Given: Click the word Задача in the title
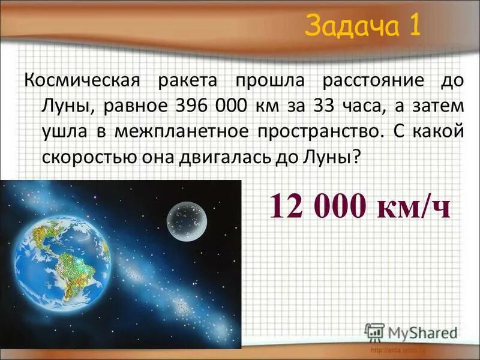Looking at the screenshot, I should tap(348, 26).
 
